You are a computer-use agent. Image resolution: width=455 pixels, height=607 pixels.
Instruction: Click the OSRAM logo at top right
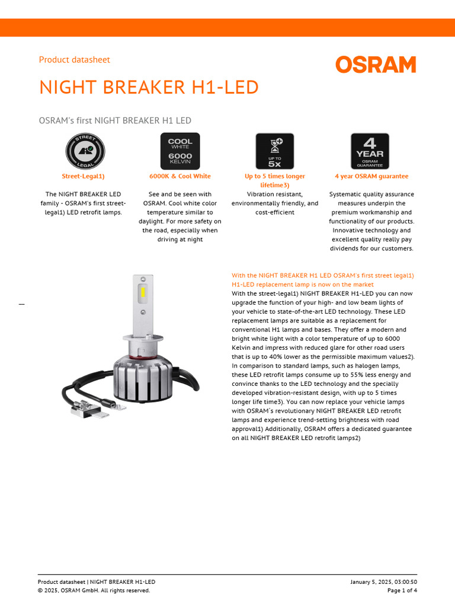tap(376, 65)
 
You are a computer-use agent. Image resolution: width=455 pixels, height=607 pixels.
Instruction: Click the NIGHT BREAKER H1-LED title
tap(149, 88)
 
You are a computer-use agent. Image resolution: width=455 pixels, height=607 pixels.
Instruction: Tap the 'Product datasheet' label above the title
tap(74, 60)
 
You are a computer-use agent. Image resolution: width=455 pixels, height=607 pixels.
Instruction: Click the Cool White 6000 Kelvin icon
tap(180, 151)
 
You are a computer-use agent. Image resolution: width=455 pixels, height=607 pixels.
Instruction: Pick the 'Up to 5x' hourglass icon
tap(274, 151)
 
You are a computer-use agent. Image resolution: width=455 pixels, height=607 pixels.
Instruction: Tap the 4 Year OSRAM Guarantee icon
tap(370, 151)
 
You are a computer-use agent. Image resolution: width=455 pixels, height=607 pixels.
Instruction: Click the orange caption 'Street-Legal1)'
tap(84, 176)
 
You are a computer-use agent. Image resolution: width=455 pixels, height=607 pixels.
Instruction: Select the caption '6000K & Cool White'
tap(180, 176)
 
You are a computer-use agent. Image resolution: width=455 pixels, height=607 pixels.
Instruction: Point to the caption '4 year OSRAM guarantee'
tap(371, 176)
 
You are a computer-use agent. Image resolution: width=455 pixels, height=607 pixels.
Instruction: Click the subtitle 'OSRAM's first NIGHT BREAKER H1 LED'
tap(115, 121)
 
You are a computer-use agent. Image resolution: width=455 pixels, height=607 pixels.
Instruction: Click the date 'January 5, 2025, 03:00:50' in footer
tap(383, 582)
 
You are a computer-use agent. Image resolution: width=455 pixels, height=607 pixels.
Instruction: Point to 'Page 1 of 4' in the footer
tap(402, 590)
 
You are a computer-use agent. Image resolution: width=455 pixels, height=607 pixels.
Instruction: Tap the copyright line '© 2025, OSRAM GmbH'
tap(94, 590)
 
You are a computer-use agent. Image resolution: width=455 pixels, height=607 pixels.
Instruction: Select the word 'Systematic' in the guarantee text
tap(346, 194)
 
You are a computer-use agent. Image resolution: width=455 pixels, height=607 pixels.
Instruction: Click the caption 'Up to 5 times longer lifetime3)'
tap(275, 181)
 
